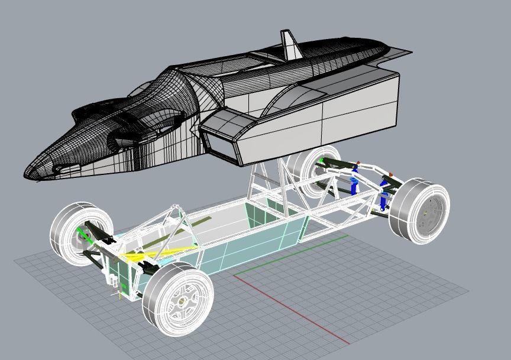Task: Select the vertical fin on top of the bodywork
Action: click(x=290, y=46)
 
